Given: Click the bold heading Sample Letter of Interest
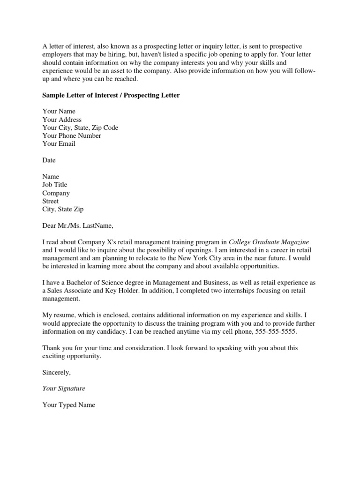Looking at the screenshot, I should [x=111, y=95].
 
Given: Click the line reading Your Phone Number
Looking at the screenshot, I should [x=72, y=136].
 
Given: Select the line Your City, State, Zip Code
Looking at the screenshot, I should [x=80, y=127].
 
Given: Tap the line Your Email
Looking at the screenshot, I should [x=59, y=144].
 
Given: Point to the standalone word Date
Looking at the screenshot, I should [x=49, y=160].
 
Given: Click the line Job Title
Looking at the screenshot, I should [x=55, y=185].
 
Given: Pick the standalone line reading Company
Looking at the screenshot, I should [x=56, y=193].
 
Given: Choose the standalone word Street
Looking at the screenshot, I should [x=51, y=201].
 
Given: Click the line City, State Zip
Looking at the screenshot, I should [x=63, y=209].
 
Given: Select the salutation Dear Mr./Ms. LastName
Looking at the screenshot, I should [x=78, y=225].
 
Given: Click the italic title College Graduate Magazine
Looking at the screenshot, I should [x=269, y=242].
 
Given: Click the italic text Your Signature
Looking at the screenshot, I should [x=64, y=389].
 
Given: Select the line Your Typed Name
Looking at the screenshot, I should [x=68, y=405].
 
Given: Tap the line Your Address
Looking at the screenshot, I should [x=62, y=120].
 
